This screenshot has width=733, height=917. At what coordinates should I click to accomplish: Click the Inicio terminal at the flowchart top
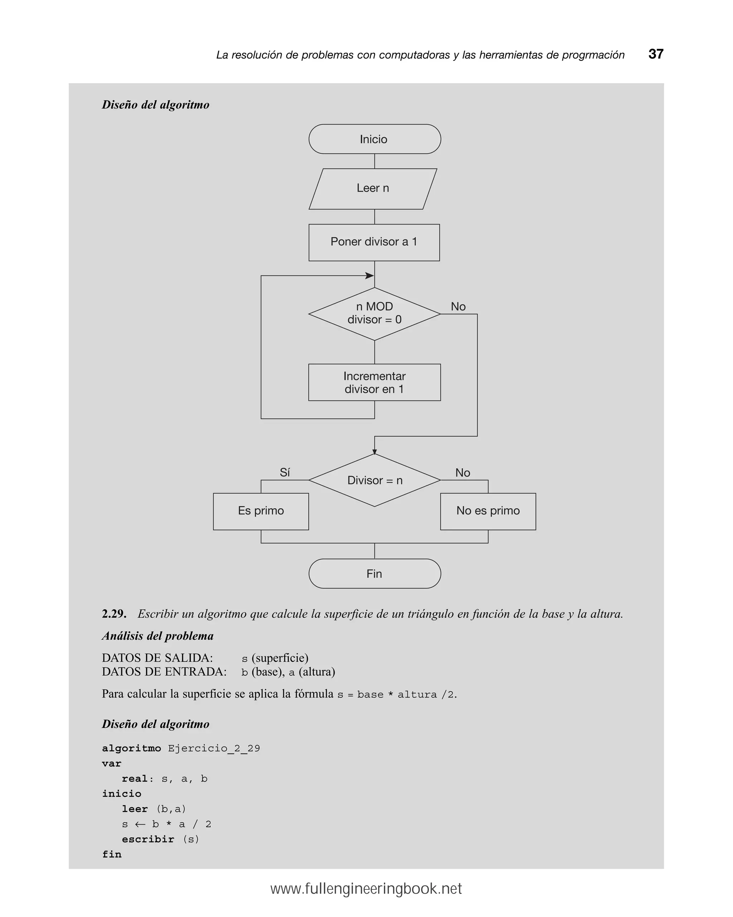pos(374,139)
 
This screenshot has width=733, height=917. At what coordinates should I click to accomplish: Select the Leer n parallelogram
pos(373,188)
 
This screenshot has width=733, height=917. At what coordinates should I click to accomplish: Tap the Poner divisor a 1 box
pos(374,242)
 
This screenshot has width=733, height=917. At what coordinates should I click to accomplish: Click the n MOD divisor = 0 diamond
pos(374,314)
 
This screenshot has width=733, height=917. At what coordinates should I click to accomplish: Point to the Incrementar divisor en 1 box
pos(374,382)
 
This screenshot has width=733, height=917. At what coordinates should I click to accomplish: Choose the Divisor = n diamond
pos(374,480)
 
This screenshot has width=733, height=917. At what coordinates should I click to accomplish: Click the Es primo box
pos(261,511)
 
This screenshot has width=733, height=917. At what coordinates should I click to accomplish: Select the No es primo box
pos(488,511)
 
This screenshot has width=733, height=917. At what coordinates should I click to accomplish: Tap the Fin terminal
pos(374,574)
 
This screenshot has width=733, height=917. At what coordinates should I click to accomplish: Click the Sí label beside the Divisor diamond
pos(285,473)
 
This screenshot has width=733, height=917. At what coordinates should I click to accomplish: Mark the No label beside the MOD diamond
pos(458,307)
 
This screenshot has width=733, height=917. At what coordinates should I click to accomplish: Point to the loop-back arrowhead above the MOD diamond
pos(369,276)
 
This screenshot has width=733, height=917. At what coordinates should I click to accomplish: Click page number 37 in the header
pos(656,54)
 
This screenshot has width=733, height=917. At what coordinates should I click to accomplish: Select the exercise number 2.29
pos(114,614)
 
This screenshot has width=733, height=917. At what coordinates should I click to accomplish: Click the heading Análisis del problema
pos(157,636)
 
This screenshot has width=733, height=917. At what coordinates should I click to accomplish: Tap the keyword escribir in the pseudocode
pos(148,839)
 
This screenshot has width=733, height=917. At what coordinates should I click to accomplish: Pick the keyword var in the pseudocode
pos(111,763)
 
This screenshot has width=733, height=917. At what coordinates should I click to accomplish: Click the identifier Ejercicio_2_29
pos(213,748)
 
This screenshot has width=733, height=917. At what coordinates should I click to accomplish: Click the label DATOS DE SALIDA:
pos(157,658)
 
